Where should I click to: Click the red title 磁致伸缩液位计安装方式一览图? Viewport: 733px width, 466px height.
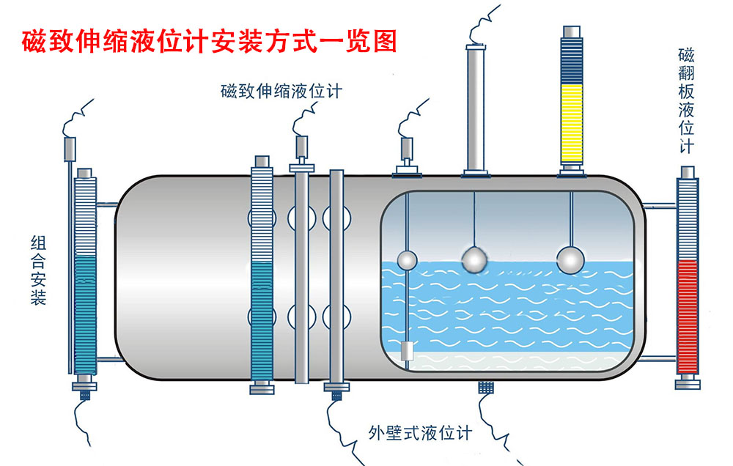(209, 41)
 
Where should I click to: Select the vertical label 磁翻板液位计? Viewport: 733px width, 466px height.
(687, 101)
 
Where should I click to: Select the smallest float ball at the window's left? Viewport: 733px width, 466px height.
(406, 259)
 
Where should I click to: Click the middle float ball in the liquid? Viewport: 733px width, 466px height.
(474, 258)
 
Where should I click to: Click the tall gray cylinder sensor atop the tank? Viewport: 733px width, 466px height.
(476, 106)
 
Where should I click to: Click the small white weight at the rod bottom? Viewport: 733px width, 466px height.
(408, 351)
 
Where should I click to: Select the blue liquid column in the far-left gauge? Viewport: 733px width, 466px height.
(85, 315)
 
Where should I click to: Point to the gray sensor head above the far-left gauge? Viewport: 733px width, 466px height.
(70, 149)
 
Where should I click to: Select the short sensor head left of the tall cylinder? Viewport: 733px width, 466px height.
(408, 151)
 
